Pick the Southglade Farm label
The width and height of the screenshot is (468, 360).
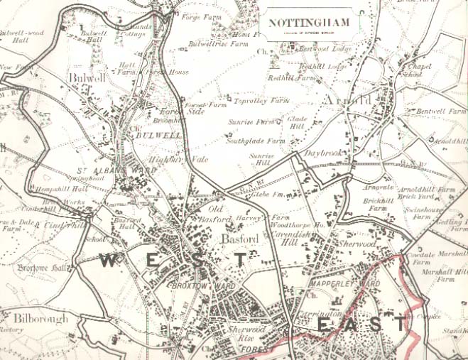(255, 141)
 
